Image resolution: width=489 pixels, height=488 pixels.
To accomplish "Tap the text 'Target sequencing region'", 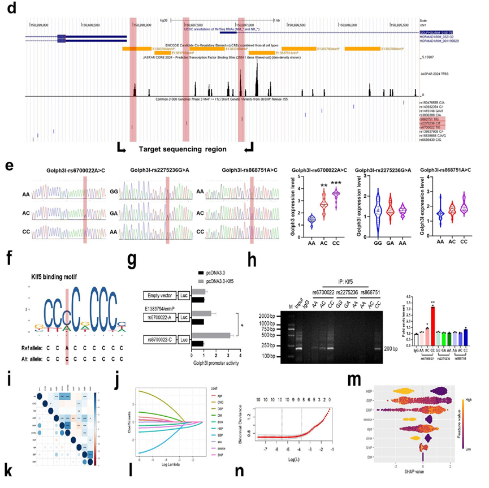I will pos(183,149).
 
